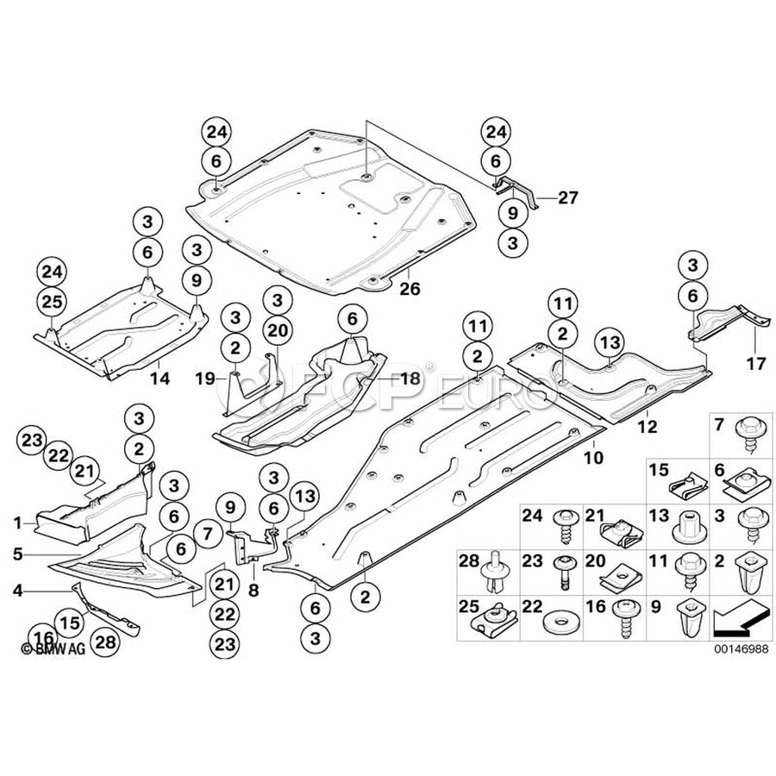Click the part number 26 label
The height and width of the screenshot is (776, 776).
pos(410,289)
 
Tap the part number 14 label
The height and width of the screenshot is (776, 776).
pos(160,377)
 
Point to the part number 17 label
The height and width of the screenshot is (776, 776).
pos(755,364)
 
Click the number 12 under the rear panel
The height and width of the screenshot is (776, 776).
pos(648,425)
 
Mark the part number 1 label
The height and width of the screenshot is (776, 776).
pos(17,522)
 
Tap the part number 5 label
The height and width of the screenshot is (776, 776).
pos(17,554)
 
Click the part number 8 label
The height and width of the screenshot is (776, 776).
pos(253,592)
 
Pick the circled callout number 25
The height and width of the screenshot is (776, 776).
pos(52,299)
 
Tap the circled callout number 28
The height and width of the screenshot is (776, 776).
pos(104,641)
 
